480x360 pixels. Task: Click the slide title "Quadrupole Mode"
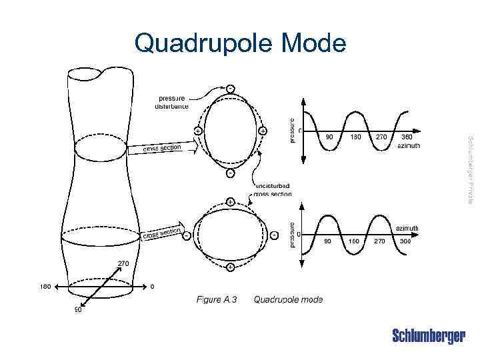click(x=240, y=44)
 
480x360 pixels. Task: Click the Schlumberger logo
click(x=429, y=336)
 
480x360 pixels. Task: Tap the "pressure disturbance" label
click(x=171, y=102)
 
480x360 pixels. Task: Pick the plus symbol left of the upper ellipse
click(x=197, y=131)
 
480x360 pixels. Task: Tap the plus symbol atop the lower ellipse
click(x=229, y=201)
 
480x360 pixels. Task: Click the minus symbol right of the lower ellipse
click(x=274, y=235)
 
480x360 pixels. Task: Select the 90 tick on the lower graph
click(x=327, y=241)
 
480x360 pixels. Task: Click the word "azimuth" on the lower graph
click(x=407, y=228)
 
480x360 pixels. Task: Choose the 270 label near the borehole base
click(x=123, y=263)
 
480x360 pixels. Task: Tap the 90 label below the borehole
click(x=77, y=309)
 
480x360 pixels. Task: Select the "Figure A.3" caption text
click(x=217, y=300)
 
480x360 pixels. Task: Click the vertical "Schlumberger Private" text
click(x=470, y=169)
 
